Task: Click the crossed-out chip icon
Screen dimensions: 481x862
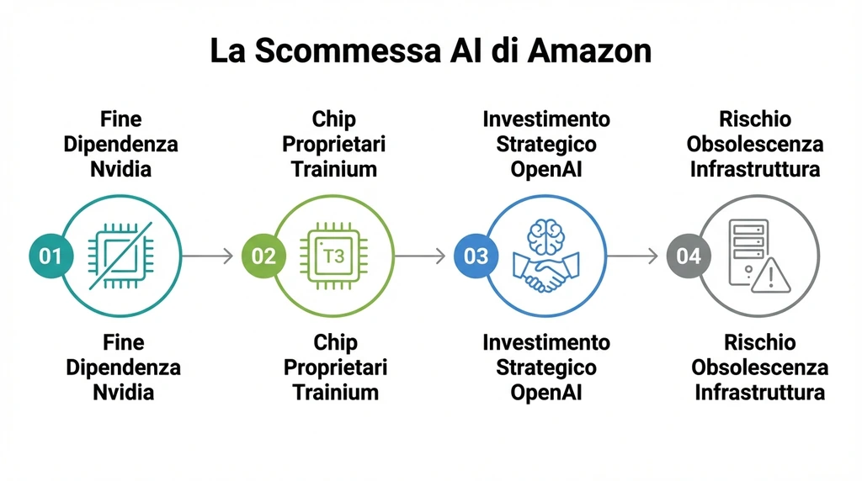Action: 120,256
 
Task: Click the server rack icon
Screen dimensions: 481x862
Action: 748,249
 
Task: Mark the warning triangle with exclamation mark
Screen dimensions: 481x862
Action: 771,275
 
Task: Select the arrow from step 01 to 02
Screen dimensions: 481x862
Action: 206,256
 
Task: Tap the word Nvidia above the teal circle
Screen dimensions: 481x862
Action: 120,168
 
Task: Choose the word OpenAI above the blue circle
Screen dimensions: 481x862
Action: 545,168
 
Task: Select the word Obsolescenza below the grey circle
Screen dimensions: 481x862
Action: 759,367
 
